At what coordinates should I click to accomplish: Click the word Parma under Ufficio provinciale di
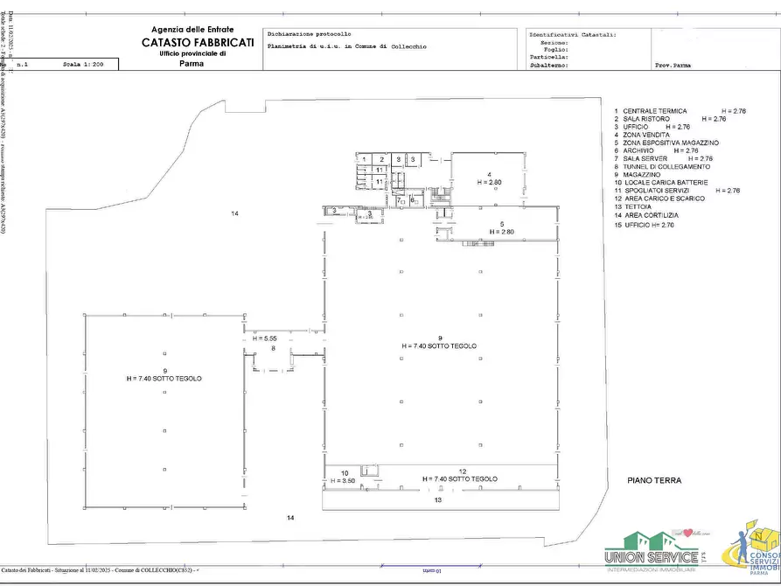tap(191, 64)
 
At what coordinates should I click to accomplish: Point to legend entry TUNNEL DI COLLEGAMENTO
tap(666, 166)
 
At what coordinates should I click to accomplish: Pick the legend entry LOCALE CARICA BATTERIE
tap(667, 182)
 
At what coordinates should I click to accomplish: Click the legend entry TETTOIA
tap(639, 206)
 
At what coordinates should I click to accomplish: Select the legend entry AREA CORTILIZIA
tap(651, 214)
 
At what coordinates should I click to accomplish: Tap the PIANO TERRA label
tap(654, 480)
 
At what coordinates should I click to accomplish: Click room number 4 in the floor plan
tap(490, 175)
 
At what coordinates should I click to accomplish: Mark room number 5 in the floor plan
tap(502, 224)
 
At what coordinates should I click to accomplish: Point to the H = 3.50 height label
tap(343, 480)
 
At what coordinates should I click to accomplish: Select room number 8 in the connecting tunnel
tap(273, 348)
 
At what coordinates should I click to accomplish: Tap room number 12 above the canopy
tap(462, 471)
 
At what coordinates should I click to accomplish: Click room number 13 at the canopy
tap(437, 500)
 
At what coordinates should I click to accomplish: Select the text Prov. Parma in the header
tap(674, 65)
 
